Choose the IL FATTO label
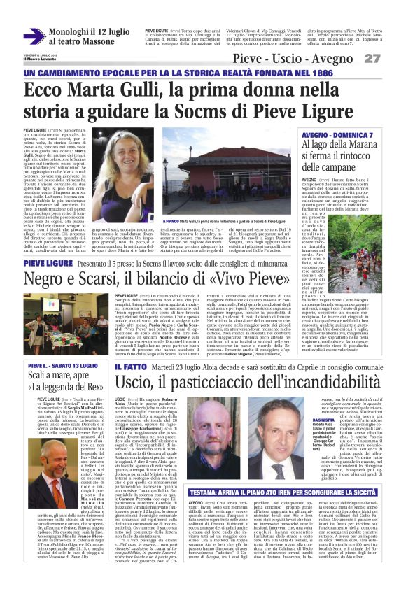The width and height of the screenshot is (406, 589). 129,367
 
